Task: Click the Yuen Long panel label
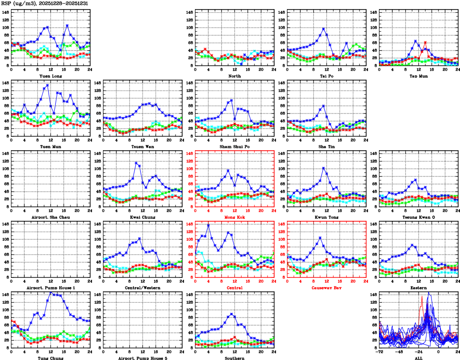[x=51, y=76]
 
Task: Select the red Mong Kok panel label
[x=235, y=217]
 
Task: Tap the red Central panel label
[x=235, y=288]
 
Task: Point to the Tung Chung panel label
[x=51, y=358]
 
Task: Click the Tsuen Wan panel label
[x=143, y=146]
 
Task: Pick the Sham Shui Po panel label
[x=235, y=146]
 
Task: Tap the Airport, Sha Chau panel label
[x=51, y=217]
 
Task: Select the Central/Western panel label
[x=143, y=288]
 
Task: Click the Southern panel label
[x=235, y=358]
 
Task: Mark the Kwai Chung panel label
[x=143, y=217]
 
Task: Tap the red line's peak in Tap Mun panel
[x=425, y=42]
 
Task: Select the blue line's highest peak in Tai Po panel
[x=324, y=29]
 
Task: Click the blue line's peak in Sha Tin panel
[x=324, y=106]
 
